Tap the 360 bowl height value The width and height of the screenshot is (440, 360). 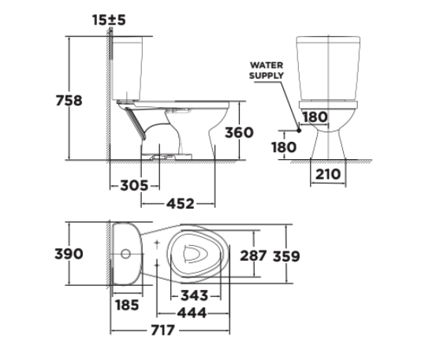click(237, 132)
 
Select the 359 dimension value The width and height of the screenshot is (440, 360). click(286, 255)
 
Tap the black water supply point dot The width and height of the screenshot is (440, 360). click(299, 127)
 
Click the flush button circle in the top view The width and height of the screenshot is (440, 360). click(126, 255)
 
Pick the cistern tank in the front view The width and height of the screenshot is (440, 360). click(327, 66)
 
